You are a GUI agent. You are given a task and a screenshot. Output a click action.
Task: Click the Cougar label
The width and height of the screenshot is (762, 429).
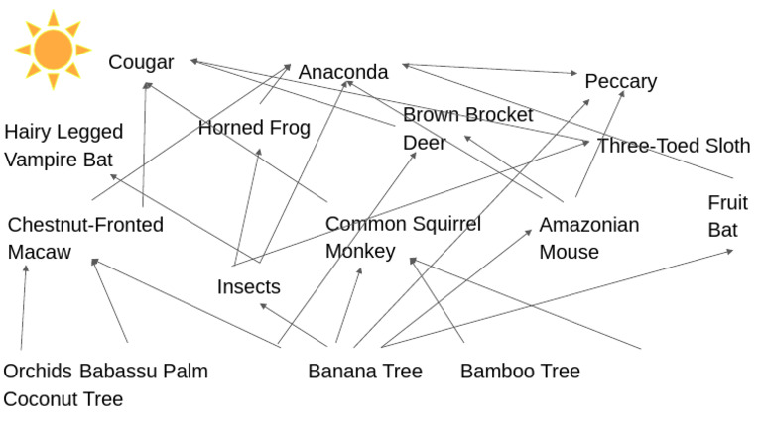(141, 63)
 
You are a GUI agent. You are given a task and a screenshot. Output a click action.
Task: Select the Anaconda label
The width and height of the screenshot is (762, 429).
(343, 72)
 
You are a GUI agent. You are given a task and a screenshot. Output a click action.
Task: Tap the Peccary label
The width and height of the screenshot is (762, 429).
(620, 81)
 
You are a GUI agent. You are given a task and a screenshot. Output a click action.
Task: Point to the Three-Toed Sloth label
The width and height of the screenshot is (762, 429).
(674, 146)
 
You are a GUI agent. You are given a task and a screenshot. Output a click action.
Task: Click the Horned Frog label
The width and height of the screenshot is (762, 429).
(254, 128)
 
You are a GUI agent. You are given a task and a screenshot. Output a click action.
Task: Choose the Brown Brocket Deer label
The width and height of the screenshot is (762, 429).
(467, 129)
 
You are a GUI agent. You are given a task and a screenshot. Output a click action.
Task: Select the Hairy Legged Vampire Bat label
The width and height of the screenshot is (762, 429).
(63, 146)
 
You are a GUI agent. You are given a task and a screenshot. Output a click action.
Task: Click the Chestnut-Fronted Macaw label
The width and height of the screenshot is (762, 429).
(84, 238)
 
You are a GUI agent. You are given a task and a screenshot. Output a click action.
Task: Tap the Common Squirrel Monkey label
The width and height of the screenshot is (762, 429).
(403, 238)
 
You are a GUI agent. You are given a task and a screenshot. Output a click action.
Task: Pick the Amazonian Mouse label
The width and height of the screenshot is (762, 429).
(588, 238)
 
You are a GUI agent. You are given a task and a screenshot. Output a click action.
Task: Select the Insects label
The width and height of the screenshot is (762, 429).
(248, 287)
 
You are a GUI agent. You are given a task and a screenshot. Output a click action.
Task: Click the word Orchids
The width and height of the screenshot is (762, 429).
(38, 372)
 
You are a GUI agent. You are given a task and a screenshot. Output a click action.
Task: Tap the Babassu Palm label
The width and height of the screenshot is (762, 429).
(144, 372)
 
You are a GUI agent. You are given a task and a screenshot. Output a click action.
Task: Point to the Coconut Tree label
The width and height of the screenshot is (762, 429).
(63, 399)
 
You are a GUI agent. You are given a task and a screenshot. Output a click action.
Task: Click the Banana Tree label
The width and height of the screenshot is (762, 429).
(365, 372)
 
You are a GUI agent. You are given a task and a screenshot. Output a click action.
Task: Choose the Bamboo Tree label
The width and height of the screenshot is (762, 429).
(520, 372)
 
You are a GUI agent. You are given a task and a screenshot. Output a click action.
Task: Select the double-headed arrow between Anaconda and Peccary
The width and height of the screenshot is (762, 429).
(490, 70)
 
